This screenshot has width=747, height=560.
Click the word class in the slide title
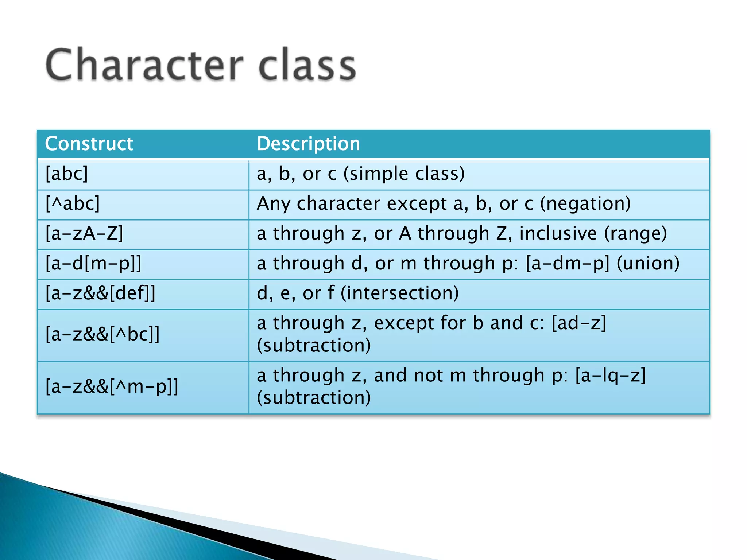[307, 66]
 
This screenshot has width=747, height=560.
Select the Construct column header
[89, 144]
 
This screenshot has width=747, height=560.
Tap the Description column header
[308, 144]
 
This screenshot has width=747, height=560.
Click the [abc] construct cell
[66, 174]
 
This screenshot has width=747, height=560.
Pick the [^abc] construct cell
[72, 203]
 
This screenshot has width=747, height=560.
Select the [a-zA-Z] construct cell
[84, 233]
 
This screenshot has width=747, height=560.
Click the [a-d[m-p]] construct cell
[93, 263]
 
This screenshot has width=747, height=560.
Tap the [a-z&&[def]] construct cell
[100, 293]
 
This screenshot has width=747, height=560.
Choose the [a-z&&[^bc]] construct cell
[102, 334]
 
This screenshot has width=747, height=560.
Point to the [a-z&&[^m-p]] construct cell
[112, 386]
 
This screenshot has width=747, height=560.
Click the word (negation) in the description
[585, 203]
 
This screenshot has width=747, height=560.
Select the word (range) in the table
[635, 233]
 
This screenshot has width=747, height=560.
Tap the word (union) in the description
[648, 263]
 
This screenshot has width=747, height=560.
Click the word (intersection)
[399, 293]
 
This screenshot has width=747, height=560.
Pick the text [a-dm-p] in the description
[568, 263]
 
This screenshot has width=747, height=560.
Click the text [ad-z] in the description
[579, 323]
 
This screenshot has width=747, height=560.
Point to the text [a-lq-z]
[610, 376]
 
